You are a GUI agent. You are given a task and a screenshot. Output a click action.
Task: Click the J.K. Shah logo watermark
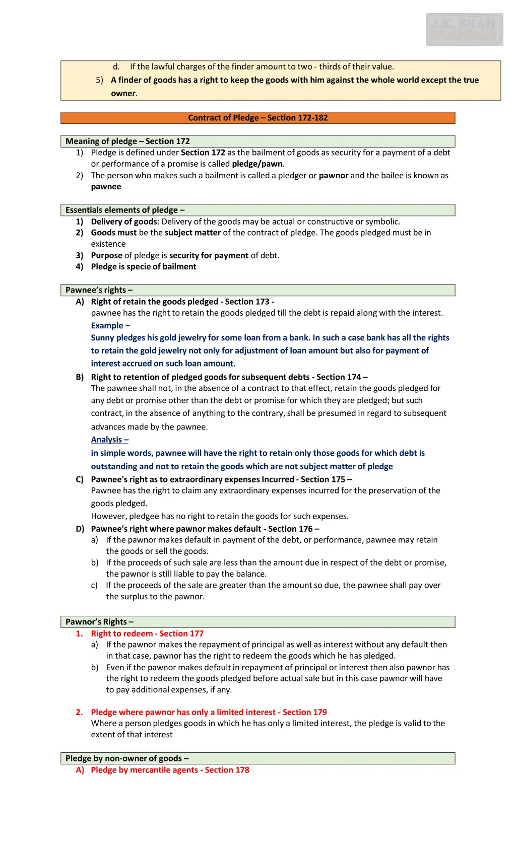click(464, 30)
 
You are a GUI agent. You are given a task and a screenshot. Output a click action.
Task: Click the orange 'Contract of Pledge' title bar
click(257, 118)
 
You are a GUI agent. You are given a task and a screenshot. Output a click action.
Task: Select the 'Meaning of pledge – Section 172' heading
click(127, 141)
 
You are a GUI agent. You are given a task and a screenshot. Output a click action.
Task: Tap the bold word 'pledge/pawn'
click(257, 164)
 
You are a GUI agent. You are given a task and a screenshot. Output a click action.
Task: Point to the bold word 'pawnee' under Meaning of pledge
click(106, 187)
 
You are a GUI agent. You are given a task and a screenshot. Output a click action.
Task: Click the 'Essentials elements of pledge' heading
click(125, 210)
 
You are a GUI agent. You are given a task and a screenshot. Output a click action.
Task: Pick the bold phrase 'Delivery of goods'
click(124, 222)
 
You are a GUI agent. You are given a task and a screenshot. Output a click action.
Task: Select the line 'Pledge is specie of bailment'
click(144, 267)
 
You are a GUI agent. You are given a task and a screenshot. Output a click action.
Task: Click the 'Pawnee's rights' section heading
click(99, 290)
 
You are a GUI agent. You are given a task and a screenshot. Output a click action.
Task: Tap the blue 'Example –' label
click(110, 326)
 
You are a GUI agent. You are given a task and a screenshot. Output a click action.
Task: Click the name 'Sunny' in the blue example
click(102, 338)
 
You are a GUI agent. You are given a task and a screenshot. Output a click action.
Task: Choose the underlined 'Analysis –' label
click(109, 440)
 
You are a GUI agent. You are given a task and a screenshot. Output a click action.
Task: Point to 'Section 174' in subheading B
click(339, 377)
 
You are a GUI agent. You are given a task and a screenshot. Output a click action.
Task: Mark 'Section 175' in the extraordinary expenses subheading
click(323, 479)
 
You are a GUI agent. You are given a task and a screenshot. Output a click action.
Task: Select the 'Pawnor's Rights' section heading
click(99, 622)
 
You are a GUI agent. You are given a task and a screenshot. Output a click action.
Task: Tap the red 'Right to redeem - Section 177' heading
click(147, 633)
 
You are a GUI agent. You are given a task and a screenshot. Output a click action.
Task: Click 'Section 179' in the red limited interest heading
click(304, 712)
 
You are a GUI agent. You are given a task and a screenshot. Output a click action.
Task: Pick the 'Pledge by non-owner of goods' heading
click(127, 758)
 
